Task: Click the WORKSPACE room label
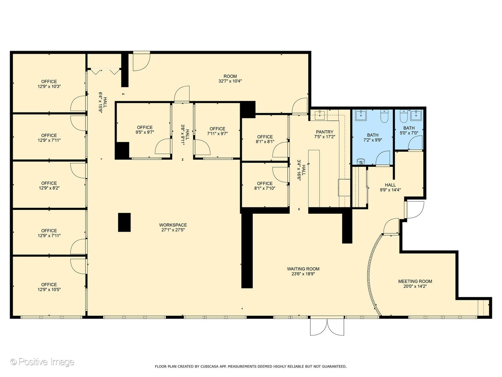[x=174, y=227]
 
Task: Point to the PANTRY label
[x=325, y=134]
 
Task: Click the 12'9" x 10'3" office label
[x=49, y=84]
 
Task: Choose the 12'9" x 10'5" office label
[x=49, y=287]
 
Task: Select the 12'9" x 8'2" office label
[x=49, y=186]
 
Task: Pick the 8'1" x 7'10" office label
[x=265, y=186]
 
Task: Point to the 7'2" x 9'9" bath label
[x=372, y=138]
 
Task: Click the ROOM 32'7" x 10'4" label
[x=230, y=78]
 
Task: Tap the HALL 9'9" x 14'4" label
[x=390, y=187]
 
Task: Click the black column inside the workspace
[x=124, y=222]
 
